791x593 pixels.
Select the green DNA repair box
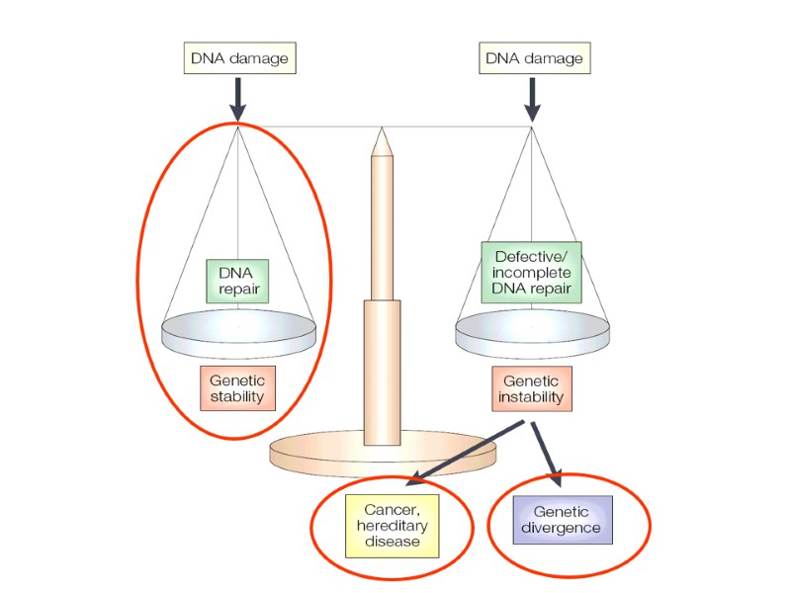[x=237, y=281]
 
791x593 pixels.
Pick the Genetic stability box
[x=237, y=389]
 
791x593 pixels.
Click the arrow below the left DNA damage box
[x=238, y=100]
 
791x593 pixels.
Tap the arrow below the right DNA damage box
[x=533, y=100]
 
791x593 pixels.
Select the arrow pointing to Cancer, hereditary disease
[x=465, y=452]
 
